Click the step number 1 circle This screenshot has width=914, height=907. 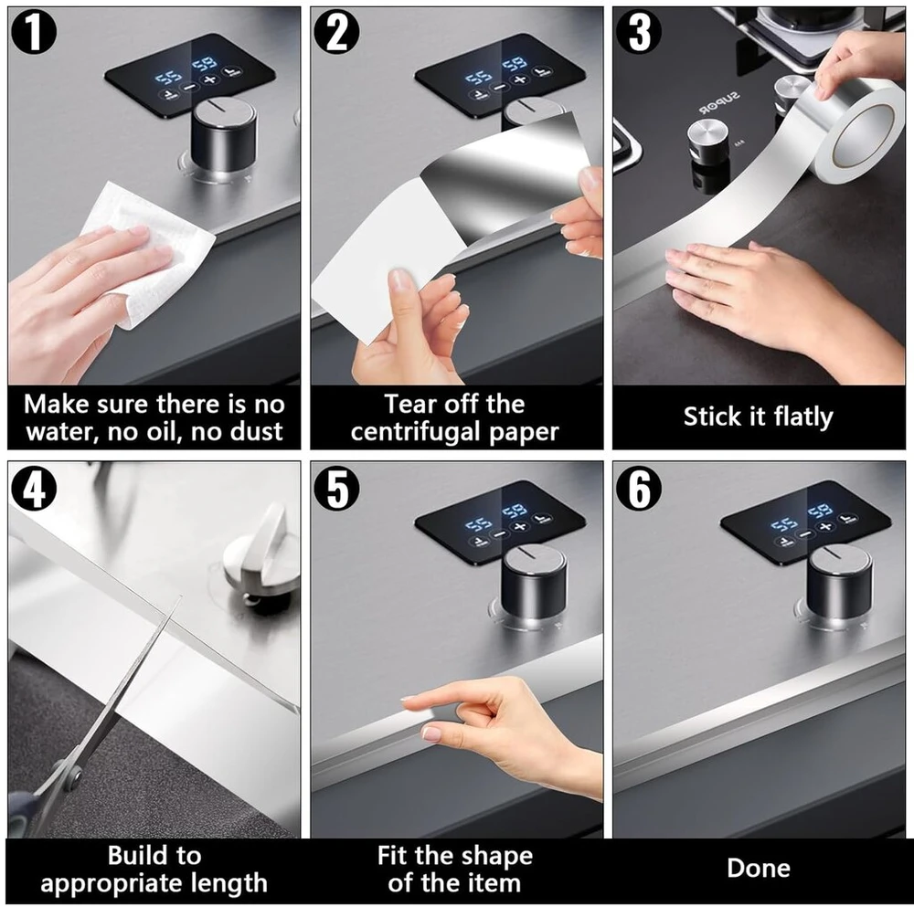(x=34, y=32)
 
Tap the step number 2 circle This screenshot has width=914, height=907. (x=337, y=32)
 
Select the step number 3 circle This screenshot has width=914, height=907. (x=640, y=32)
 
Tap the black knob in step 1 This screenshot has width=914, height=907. (x=224, y=137)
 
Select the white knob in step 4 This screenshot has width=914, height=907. (x=262, y=556)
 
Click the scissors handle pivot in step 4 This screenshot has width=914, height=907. (x=73, y=775)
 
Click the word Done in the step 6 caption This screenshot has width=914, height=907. (x=759, y=868)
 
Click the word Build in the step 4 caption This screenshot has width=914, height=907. (x=140, y=856)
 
